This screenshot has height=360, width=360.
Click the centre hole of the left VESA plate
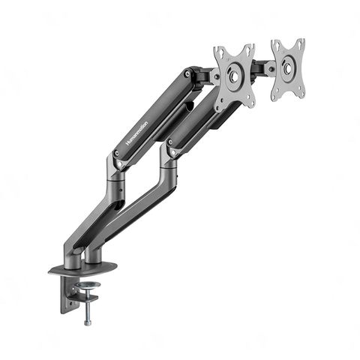click(234, 75)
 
